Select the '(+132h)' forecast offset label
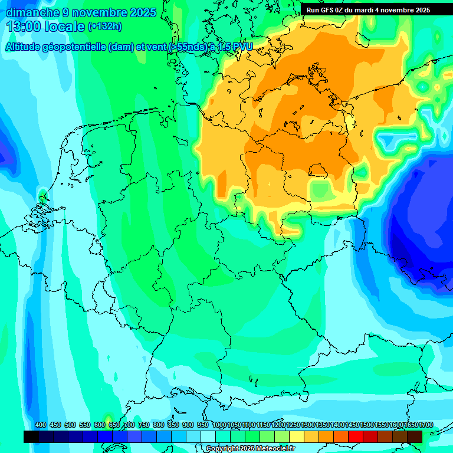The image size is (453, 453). [106, 27]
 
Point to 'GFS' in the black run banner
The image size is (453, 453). [327, 10]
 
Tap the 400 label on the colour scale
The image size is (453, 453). [41, 425]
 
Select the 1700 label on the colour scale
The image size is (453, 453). [410, 425]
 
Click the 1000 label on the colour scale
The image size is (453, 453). [219, 425]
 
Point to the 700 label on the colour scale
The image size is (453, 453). [129, 425]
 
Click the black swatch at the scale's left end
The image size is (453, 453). [31, 436]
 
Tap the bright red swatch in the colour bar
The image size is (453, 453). [356, 436]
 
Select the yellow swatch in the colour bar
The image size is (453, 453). [297, 436]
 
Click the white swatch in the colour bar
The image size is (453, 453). [208, 436]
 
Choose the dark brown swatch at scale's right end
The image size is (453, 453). [415, 436]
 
